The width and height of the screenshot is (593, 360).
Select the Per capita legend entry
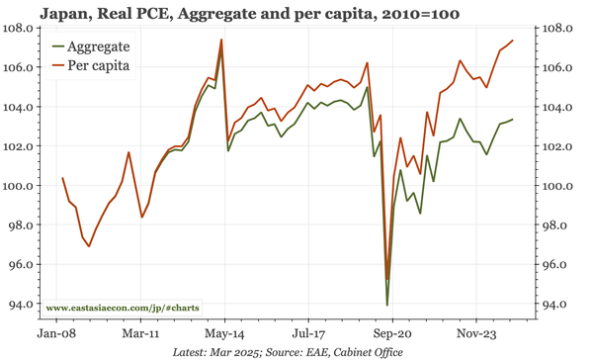point(98,65)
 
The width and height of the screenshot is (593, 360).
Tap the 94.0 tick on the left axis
point(23,304)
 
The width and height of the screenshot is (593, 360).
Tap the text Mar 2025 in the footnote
point(243,352)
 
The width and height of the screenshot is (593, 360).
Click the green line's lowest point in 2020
point(386,304)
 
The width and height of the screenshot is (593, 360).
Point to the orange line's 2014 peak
point(221,40)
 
